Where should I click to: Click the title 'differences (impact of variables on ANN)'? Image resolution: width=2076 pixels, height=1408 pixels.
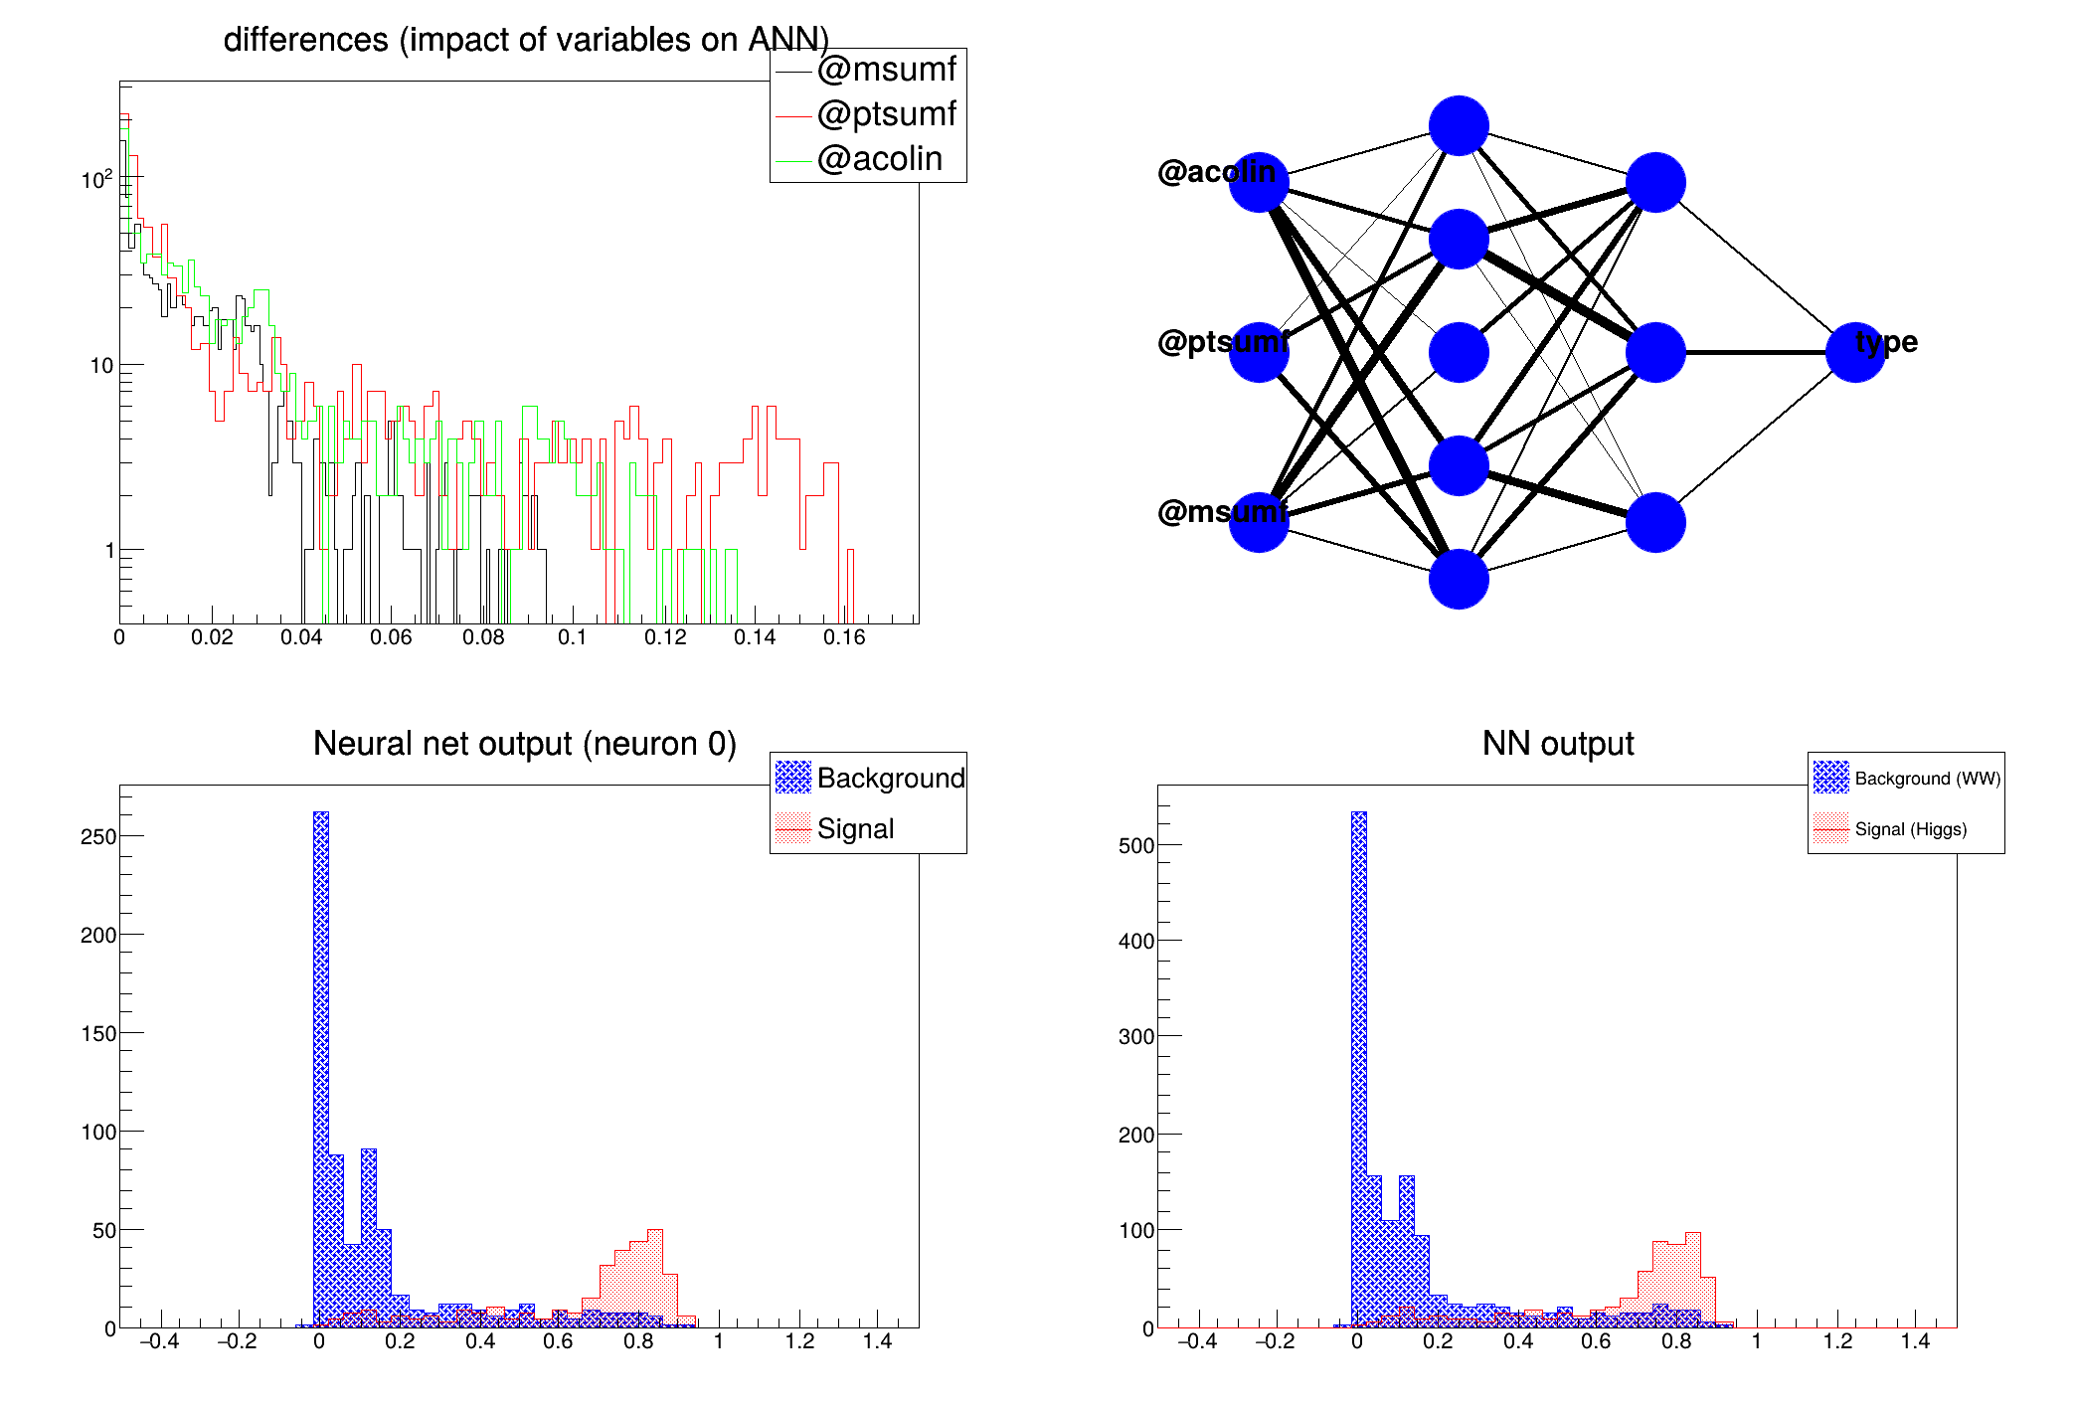coord(525,40)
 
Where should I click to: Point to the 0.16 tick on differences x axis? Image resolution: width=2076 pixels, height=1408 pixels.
coord(844,637)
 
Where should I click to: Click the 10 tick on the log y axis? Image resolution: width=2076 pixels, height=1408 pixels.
coord(101,366)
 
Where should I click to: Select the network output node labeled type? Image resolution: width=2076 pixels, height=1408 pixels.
coord(1855,352)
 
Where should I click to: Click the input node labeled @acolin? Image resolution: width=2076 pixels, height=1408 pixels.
coord(1259,183)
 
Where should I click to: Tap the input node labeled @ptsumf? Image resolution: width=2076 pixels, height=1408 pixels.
coord(1259,352)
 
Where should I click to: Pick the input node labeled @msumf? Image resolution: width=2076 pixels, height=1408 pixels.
coord(1259,522)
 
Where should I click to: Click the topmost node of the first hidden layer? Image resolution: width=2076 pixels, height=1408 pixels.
coord(1459,126)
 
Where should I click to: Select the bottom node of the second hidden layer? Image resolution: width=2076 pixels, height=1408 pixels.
coord(1655,522)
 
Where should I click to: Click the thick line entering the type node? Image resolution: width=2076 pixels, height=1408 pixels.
coord(1755,352)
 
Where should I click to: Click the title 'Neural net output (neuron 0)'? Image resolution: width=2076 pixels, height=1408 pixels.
coord(525,744)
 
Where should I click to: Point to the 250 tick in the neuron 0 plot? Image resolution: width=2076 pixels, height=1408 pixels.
coord(98,837)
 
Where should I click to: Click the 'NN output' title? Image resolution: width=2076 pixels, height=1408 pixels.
coord(1558,744)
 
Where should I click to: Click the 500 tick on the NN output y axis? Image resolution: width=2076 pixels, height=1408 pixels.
coord(1136,846)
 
